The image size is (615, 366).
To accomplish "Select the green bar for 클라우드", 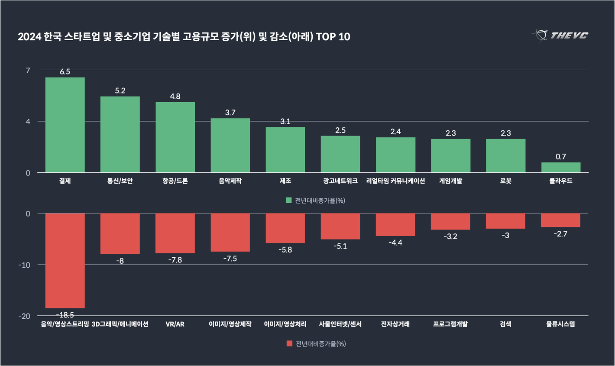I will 561,168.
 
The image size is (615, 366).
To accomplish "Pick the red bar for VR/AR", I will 175,233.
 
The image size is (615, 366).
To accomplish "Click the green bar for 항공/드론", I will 175,137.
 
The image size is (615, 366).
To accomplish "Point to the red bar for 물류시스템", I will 560,220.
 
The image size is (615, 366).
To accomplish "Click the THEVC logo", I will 560,36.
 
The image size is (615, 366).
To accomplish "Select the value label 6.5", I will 65,72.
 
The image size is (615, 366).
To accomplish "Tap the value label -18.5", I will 65,315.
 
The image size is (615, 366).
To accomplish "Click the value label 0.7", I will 561,157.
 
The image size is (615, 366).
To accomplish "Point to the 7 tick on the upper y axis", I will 28,70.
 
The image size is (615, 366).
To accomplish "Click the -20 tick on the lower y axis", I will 24,316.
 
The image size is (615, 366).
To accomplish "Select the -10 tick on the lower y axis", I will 24,265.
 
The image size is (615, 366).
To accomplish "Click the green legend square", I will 289,200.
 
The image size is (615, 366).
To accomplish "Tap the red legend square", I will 289,343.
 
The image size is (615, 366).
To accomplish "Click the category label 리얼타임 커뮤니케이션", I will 395,181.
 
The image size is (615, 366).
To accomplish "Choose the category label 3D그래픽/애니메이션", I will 120,324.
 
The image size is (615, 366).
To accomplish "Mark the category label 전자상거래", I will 395,324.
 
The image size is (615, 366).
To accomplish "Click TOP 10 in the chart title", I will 333,37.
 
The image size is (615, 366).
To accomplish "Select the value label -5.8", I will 285,250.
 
